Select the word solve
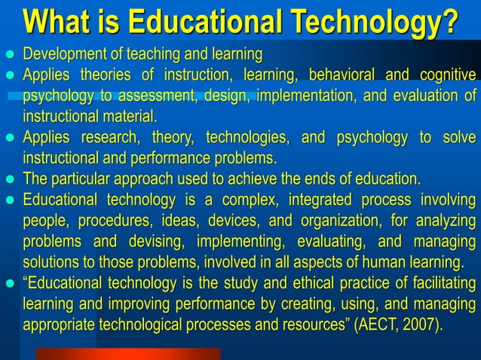(x=460, y=138)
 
